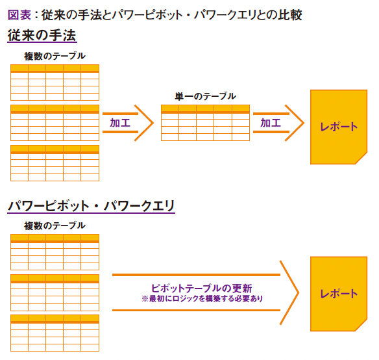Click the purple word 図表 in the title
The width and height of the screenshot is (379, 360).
[19, 15]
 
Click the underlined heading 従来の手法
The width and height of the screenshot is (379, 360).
[42, 35]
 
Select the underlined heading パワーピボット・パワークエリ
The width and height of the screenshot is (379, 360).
[91, 206]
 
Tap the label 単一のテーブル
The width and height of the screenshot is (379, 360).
[205, 96]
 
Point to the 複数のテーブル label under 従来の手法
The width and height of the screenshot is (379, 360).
[55, 56]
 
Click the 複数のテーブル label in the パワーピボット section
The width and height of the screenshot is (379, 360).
[55, 225]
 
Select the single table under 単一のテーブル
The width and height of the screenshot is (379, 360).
[205, 123]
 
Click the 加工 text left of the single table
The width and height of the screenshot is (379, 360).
[120, 123]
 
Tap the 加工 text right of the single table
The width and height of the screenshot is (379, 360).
[271, 123]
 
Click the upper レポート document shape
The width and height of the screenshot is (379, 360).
[339, 127]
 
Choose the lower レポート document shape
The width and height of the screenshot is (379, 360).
[339, 294]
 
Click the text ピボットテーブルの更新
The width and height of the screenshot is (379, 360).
[202, 288]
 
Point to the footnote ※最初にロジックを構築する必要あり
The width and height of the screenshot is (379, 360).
[202, 298]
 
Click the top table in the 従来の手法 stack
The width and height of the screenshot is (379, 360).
[55, 83]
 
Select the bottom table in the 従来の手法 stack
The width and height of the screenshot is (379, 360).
[55, 163]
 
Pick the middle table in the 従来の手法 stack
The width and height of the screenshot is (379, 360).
[55, 123]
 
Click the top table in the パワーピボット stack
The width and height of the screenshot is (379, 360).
[55, 252]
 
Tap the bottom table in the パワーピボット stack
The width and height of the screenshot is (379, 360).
[55, 333]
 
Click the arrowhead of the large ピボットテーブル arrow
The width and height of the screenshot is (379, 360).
[298, 292]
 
